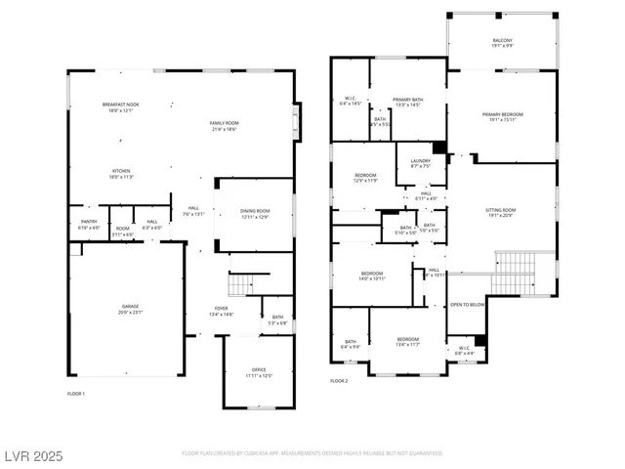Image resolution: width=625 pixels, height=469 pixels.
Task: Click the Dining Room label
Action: point(254,214)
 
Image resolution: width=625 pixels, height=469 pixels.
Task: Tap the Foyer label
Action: point(223,312)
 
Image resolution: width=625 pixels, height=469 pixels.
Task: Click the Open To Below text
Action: point(468,305)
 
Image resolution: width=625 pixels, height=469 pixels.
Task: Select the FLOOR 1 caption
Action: point(76,393)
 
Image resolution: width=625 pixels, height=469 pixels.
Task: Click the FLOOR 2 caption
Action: point(339,380)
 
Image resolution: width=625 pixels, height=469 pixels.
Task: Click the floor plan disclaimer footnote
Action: point(312,454)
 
